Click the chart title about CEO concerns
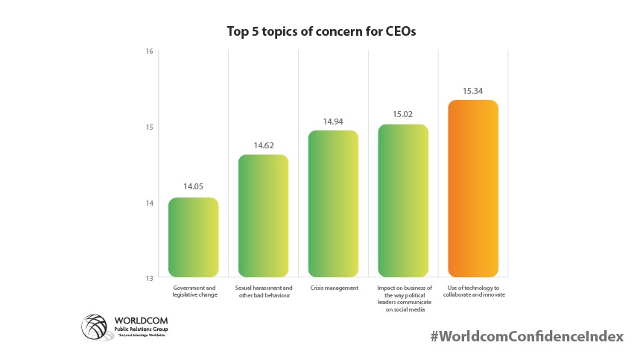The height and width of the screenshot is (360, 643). coord(322,32)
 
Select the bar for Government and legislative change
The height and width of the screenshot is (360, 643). coord(194,237)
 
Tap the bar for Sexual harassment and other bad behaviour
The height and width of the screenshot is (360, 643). coord(263,216)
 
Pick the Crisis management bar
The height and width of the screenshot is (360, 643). coord(333,203)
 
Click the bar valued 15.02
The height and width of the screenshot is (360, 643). coord(403,200)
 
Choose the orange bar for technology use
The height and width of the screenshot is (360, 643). coord(473,189)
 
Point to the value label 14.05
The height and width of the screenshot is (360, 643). coord(194,187)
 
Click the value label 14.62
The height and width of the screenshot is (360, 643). coord(263,145)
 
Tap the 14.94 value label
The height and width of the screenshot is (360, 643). coord(333,120)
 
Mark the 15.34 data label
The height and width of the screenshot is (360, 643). coord(473,90)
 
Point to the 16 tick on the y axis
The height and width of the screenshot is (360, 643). coord(149,51)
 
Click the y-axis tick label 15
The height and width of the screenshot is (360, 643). coord(149,127)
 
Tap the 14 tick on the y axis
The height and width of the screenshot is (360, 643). coord(149,203)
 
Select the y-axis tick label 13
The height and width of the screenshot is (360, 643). coord(149,278)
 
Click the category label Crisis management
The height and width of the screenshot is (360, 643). coord(333,288)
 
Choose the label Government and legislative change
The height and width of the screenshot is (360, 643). coord(194,291)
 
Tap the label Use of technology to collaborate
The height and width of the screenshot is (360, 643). coord(473,291)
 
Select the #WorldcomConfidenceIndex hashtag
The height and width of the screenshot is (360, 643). coord(526,336)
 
